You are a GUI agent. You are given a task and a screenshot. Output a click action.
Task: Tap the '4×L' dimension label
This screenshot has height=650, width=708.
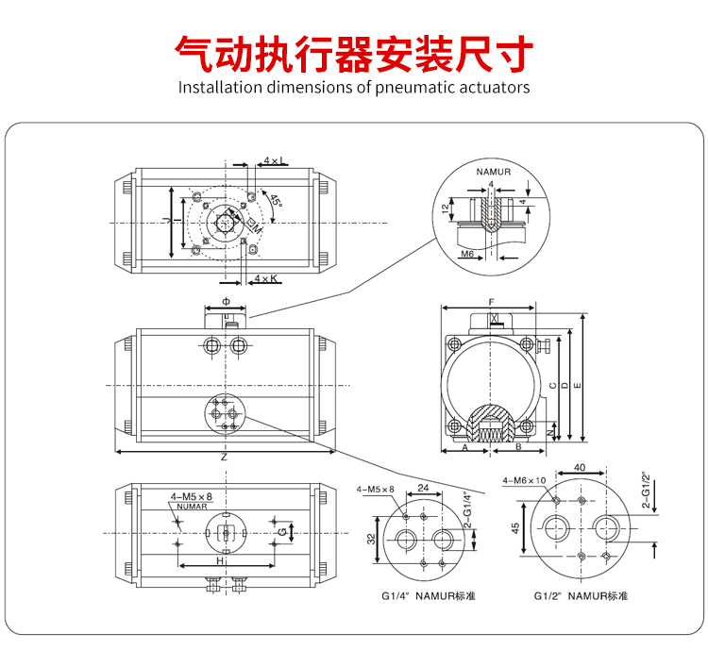(x=275, y=161)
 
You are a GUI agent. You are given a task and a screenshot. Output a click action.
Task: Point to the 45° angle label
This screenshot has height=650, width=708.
(x=275, y=200)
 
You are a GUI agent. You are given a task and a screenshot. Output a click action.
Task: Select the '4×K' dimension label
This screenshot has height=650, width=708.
(x=266, y=278)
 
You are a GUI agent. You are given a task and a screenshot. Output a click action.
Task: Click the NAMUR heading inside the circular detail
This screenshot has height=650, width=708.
(x=492, y=173)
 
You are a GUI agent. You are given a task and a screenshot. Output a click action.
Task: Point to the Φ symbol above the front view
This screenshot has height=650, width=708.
(x=225, y=301)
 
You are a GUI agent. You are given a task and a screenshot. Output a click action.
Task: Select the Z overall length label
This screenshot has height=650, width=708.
(x=224, y=458)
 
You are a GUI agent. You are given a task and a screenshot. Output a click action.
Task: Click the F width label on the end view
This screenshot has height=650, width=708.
(x=491, y=303)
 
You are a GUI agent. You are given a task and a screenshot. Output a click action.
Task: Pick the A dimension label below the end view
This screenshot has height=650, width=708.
(x=465, y=448)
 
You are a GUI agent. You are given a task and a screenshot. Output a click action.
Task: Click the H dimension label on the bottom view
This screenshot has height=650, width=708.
(x=220, y=560)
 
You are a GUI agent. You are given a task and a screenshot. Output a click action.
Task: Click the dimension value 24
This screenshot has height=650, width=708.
(x=423, y=489)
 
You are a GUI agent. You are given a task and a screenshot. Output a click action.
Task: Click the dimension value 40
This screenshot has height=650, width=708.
(x=580, y=467)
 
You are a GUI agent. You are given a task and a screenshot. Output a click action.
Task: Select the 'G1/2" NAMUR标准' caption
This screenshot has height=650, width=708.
(x=580, y=596)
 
